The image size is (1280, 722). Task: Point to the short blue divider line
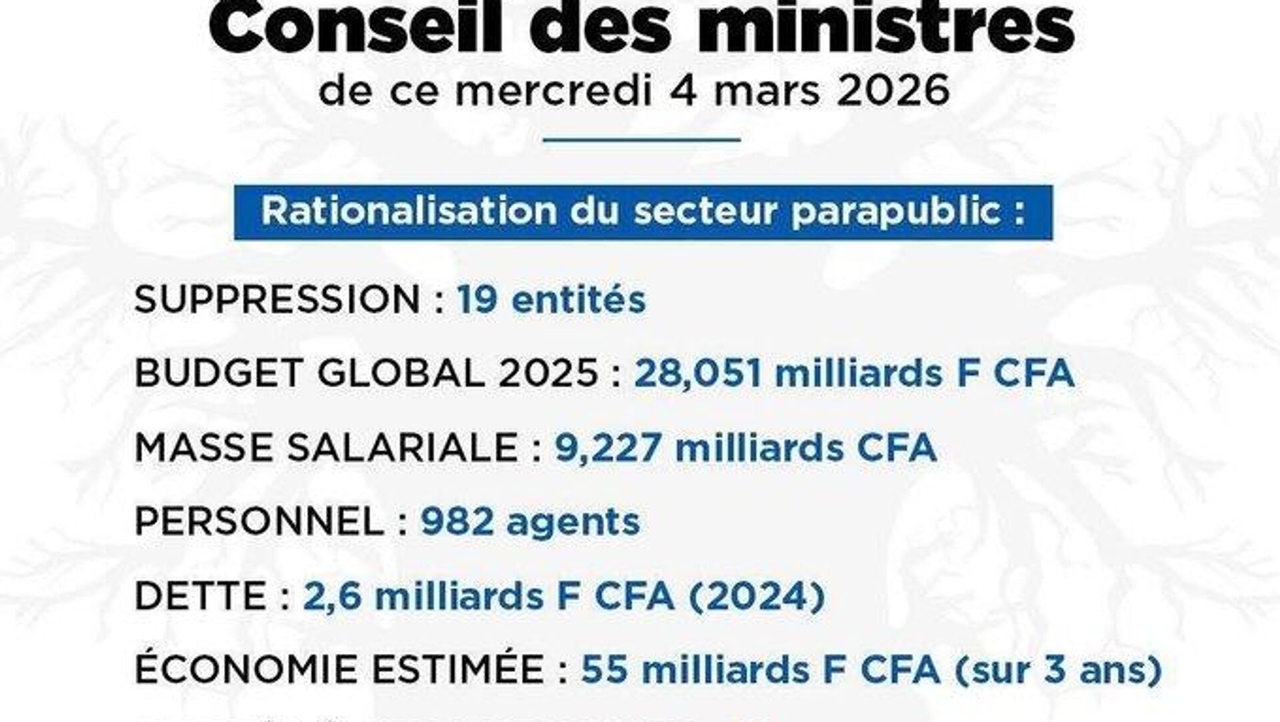(x=642, y=140)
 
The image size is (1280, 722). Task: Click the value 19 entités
(x=551, y=300)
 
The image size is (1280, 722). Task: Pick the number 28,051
(x=697, y=374)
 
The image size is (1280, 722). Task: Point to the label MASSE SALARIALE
(x=327, y=448)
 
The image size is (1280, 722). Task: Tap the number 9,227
(x=608, y=448)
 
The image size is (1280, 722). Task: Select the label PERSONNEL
(x=259, y=522)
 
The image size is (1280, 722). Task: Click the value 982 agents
(x=530, y=522)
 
